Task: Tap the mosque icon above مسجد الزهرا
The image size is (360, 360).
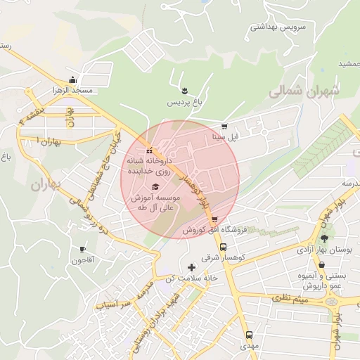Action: tap(72, 79)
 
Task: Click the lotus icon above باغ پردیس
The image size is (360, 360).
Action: tap(184, 91)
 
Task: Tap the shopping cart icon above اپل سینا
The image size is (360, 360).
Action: tap(224, 127)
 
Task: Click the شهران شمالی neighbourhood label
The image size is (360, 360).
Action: tap(303, 91)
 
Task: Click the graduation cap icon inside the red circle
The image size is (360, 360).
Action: tap(155, 186)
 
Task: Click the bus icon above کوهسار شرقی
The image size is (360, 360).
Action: tap(223, 247)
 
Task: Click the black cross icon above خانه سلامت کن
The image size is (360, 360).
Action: tap(191, 267)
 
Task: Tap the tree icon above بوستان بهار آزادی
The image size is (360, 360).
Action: tap(323, 238)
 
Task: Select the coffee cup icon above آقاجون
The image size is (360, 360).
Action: tap(82, 249)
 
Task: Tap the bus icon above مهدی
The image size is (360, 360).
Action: tap(248, 335)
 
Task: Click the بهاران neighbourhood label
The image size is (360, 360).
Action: tap(46, 185)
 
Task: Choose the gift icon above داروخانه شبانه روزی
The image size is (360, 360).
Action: tap(149, 150)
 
